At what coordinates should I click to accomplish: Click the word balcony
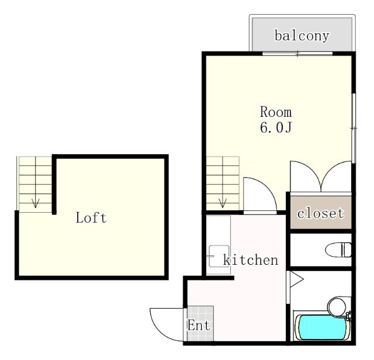tap(302, 36)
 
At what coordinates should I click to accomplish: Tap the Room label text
tap(275, 112)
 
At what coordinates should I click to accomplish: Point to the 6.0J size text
tap(275, 127)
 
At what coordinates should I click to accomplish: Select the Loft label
tap(91, 219)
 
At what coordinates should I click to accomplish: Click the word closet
tap(321, 213)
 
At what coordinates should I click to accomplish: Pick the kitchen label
tap(251, 260)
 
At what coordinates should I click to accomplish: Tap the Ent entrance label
tap(199, 326)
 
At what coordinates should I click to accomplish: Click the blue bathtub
tap(321, 328)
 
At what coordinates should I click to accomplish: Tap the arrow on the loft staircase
tap(36, 202)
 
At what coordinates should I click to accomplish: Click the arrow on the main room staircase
tap(223, 202)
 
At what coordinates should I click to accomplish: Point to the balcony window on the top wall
tap(297, 54)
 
